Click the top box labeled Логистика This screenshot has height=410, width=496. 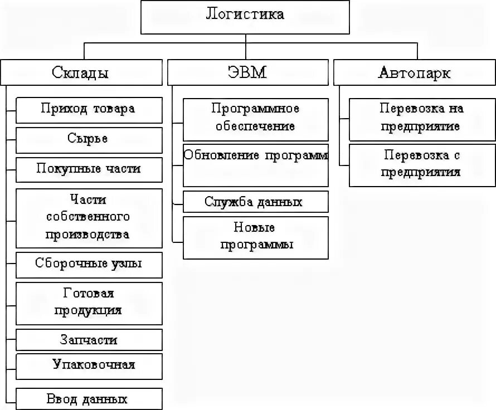point(245,17)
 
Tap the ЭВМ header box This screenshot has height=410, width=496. point(247,72)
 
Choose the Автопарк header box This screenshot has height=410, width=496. point(415,72)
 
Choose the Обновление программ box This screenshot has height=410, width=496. point(256,165)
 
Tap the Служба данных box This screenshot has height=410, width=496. point(256,202)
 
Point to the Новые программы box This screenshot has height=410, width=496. point(256,237)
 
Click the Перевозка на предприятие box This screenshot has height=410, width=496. point(421,119)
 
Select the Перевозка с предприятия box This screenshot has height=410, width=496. point(421,165)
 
